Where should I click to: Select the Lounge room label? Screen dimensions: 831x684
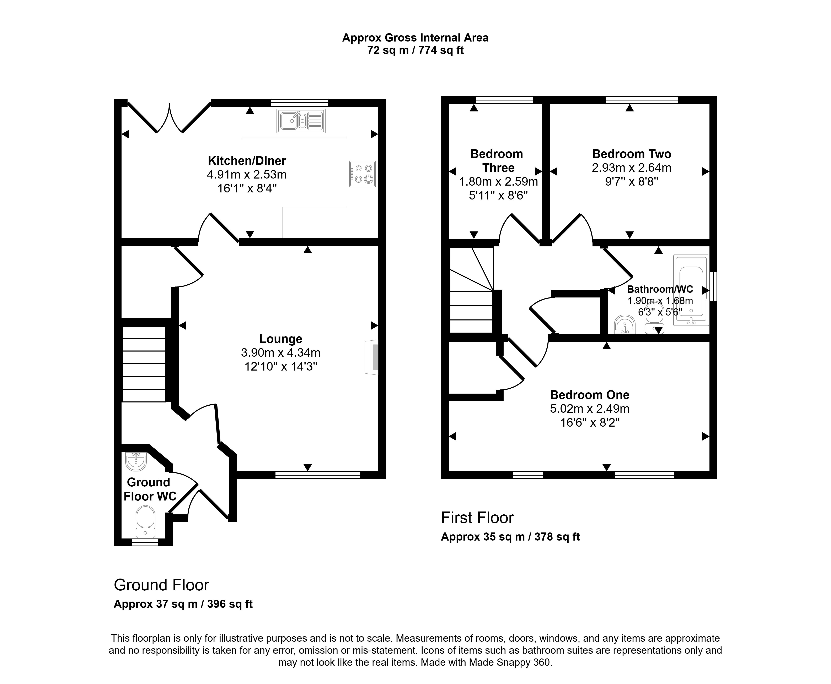tap(281, 339)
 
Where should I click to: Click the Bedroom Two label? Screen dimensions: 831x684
tap(632, 154)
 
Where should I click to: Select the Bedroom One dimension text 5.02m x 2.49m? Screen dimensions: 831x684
tap(590, 409)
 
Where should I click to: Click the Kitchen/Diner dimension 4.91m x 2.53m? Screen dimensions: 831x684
tap(247, 174)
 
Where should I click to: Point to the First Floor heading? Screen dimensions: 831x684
tap(477, 518)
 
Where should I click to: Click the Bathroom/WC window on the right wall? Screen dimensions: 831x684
tap(714, 286)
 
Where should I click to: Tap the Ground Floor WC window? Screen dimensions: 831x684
tap(145, 543)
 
